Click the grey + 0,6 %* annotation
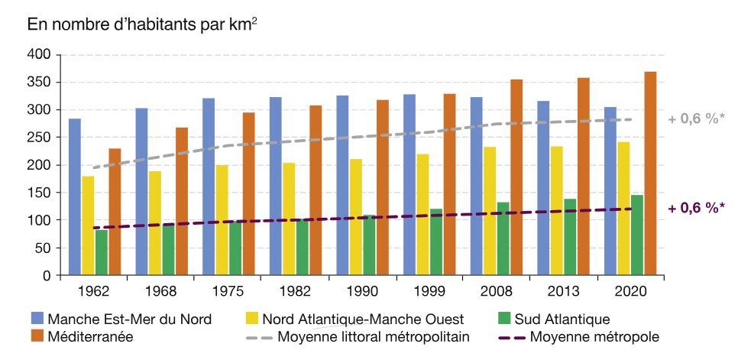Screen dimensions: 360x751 [695, 119]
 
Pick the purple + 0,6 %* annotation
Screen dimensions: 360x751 [695, 208]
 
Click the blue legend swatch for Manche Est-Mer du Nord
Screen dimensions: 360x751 [36, 319]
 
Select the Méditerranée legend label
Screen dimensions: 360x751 [89, 336]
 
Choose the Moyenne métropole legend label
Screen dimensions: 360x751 [594, 336]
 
